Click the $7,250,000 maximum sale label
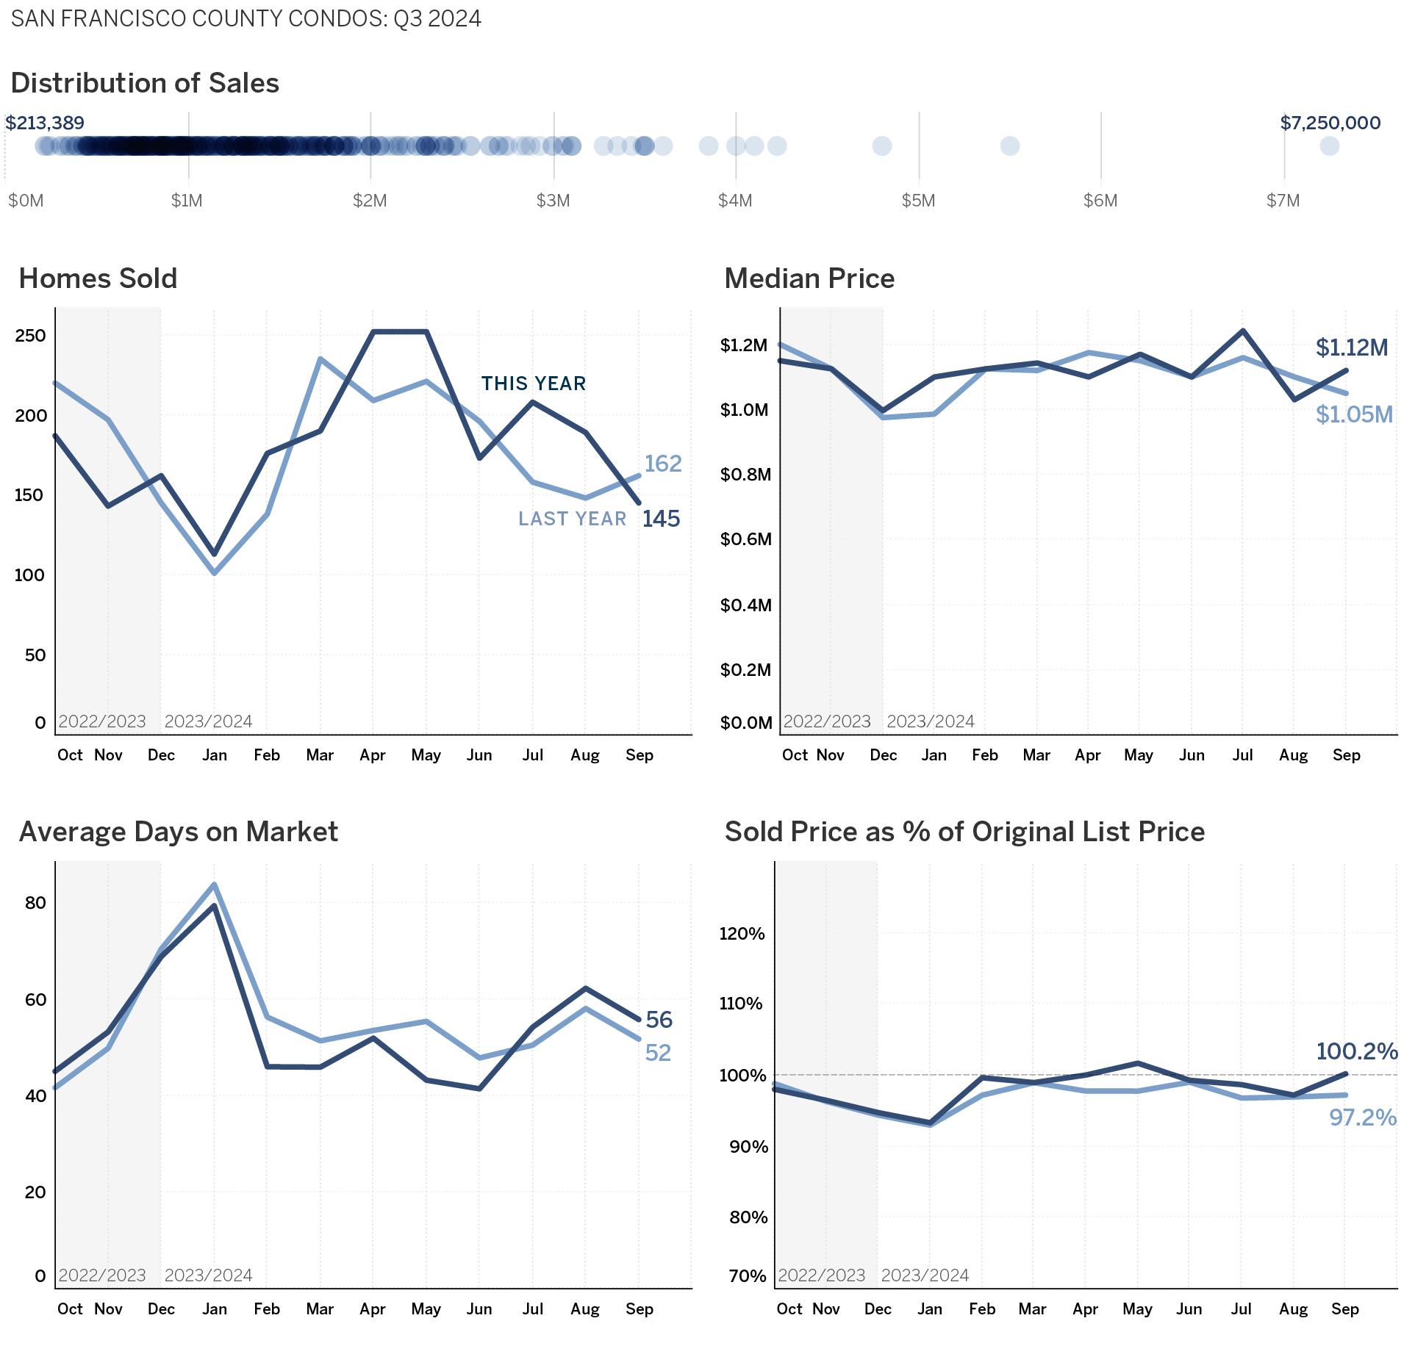point(1330,123)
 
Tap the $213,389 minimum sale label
point(45,123)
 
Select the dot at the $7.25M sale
point(1329,146)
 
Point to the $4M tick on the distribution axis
point(735,201)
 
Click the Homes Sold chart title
point(98,278)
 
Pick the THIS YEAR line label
point(534,384)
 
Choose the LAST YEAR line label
point(572,519)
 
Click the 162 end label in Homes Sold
point(663,464)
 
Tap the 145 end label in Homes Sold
point(661,519)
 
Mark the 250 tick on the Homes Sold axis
point(30,336)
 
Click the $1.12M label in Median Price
point(1351,348)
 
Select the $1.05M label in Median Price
point(1354,415)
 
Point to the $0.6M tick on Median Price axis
point(746,540)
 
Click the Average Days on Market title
point(179,832)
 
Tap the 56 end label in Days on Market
point(659,1020)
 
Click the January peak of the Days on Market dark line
point(214,904)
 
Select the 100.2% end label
point(1356,1051)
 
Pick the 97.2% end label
point(1362,1117)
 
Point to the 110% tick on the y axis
point(741,1004)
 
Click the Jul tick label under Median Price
point(1242,755)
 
